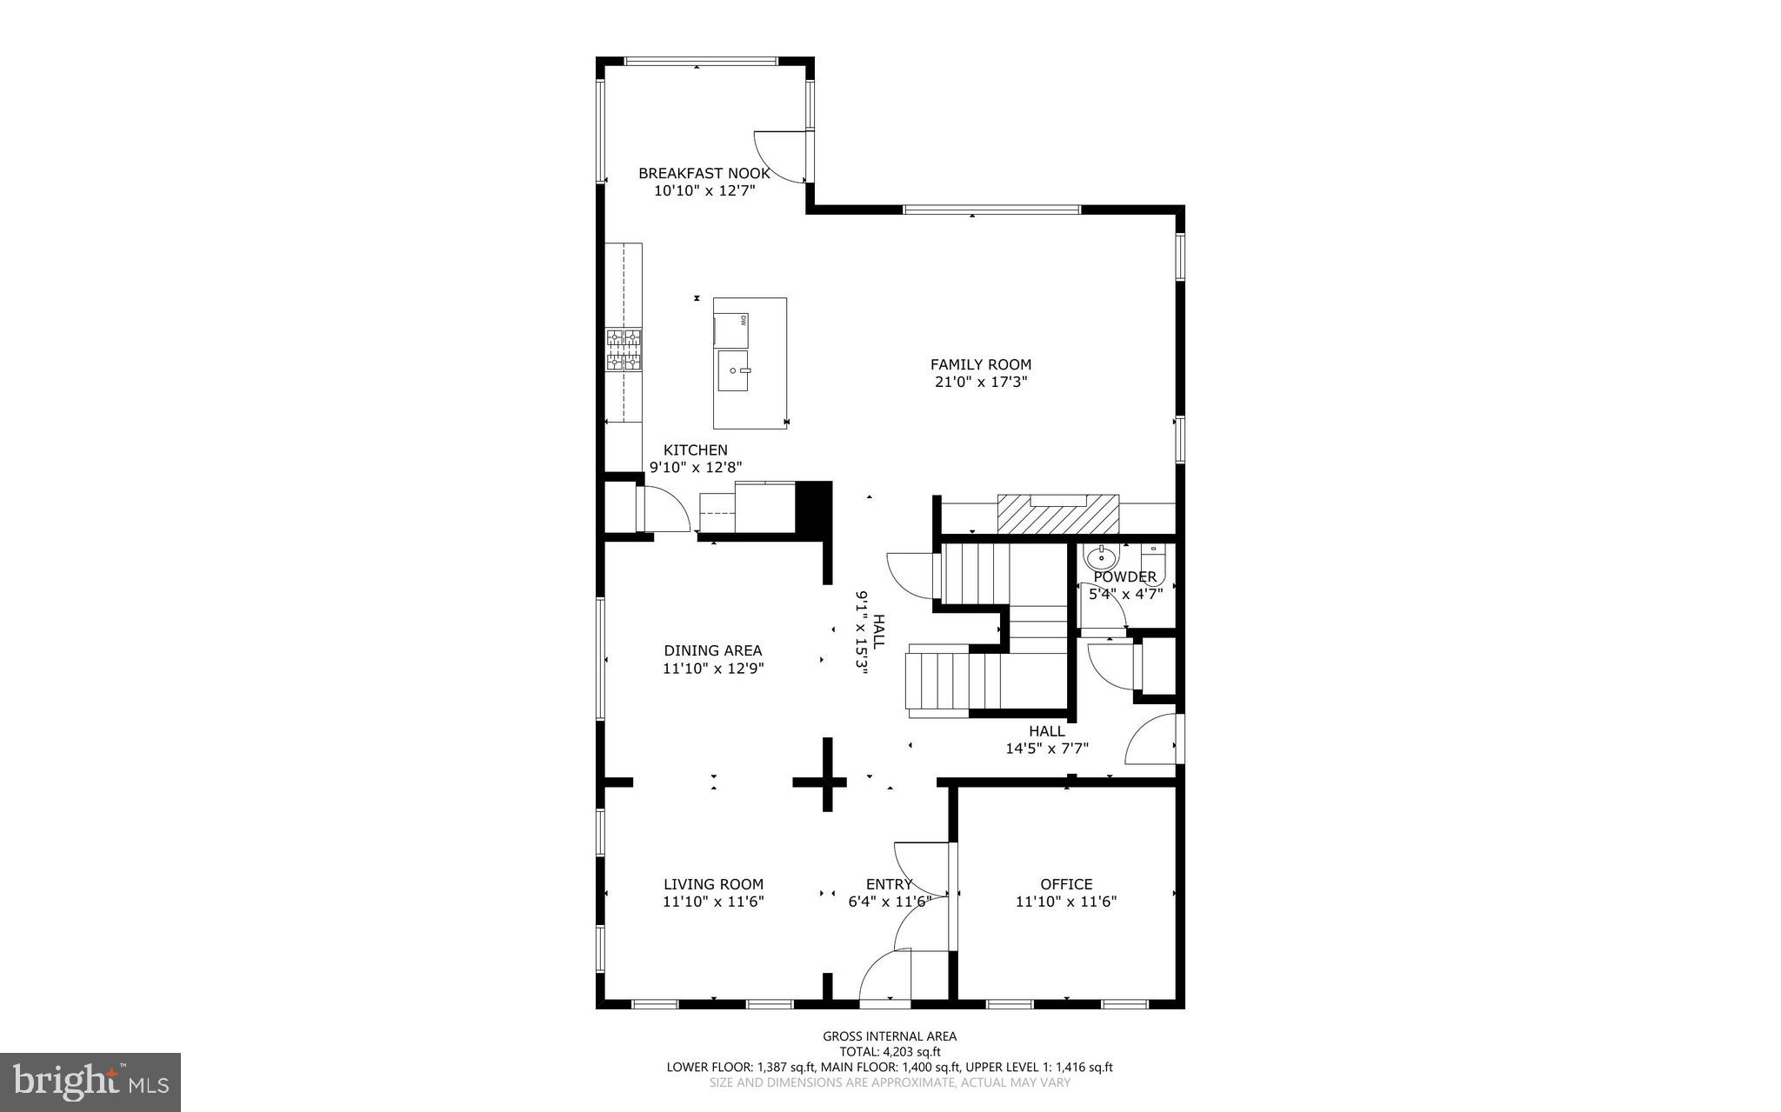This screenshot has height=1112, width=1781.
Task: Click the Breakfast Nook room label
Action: tap(704, 173)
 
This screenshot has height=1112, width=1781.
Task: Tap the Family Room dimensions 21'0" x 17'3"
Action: tap(981, 382)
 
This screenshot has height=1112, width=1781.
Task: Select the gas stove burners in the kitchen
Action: tap(624, 350)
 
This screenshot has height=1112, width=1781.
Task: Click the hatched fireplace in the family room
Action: tap(1057, 515)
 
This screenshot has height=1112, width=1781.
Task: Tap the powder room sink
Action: tap(1101, 557)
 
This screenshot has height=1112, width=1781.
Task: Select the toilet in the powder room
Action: tap(1152, 555)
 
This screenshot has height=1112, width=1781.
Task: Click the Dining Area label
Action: tap(713, 650)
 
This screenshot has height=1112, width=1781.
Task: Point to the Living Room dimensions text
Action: tap(713, 902)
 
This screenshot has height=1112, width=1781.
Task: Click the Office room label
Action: tap(1066, 884)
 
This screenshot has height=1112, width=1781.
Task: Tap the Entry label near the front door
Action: tap(889, 884)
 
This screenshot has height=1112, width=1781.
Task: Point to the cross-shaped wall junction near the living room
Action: tap(827, 782)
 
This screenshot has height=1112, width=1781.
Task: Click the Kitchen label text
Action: tap(695, 449)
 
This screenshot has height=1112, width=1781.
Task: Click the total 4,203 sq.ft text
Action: tap(890, 1051)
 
